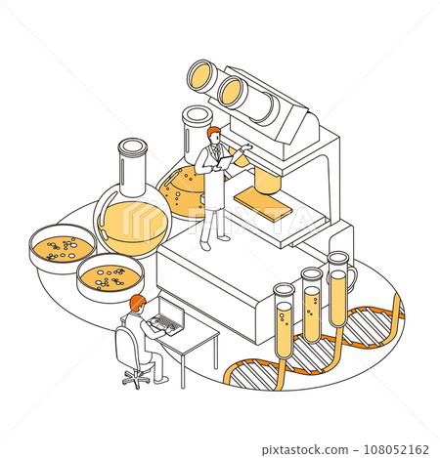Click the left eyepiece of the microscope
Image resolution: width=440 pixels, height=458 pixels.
pyautogui.click(x=201, y=74)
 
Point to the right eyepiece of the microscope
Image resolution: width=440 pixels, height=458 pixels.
pyautogui.click(x=232, y=91)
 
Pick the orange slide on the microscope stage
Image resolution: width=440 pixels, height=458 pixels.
pyautogui.click(x=263, y=204)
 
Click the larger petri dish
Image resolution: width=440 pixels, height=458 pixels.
pyautogui.click(x=62, y=248)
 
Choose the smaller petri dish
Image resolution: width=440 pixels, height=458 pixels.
pyautogui.click(x=110, y=278)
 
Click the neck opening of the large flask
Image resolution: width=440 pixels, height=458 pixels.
pyautogui.click(x=132, y=148)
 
